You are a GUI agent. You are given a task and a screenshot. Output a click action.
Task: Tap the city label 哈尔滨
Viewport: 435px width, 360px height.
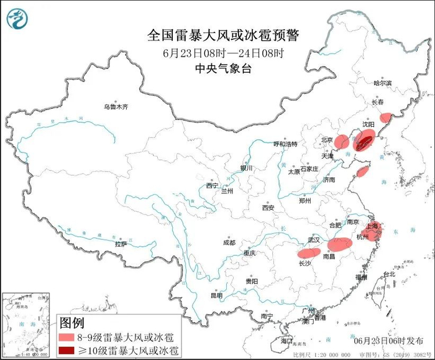[x=383, y=83]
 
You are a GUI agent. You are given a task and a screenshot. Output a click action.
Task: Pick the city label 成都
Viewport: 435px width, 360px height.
[x=229, y=242]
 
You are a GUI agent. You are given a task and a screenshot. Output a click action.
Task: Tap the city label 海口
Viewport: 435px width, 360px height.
[x=286, y=341]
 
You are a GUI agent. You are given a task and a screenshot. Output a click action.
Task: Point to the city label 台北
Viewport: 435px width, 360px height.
[x=388, y=274]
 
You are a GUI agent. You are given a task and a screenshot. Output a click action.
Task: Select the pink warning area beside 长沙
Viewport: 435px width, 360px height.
[x=309, y=252]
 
